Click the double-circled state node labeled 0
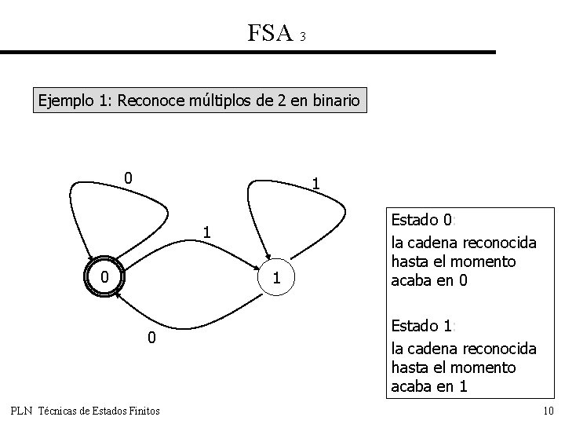tap(104, 277)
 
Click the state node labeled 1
tap(275, 277)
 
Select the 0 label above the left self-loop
tap(128, 178)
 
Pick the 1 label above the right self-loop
tap(315, 184)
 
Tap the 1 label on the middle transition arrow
tap(206, 232)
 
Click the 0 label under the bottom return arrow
tap(152, 338)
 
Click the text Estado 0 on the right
tap(422, 221)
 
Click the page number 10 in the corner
tap(548, 411)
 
